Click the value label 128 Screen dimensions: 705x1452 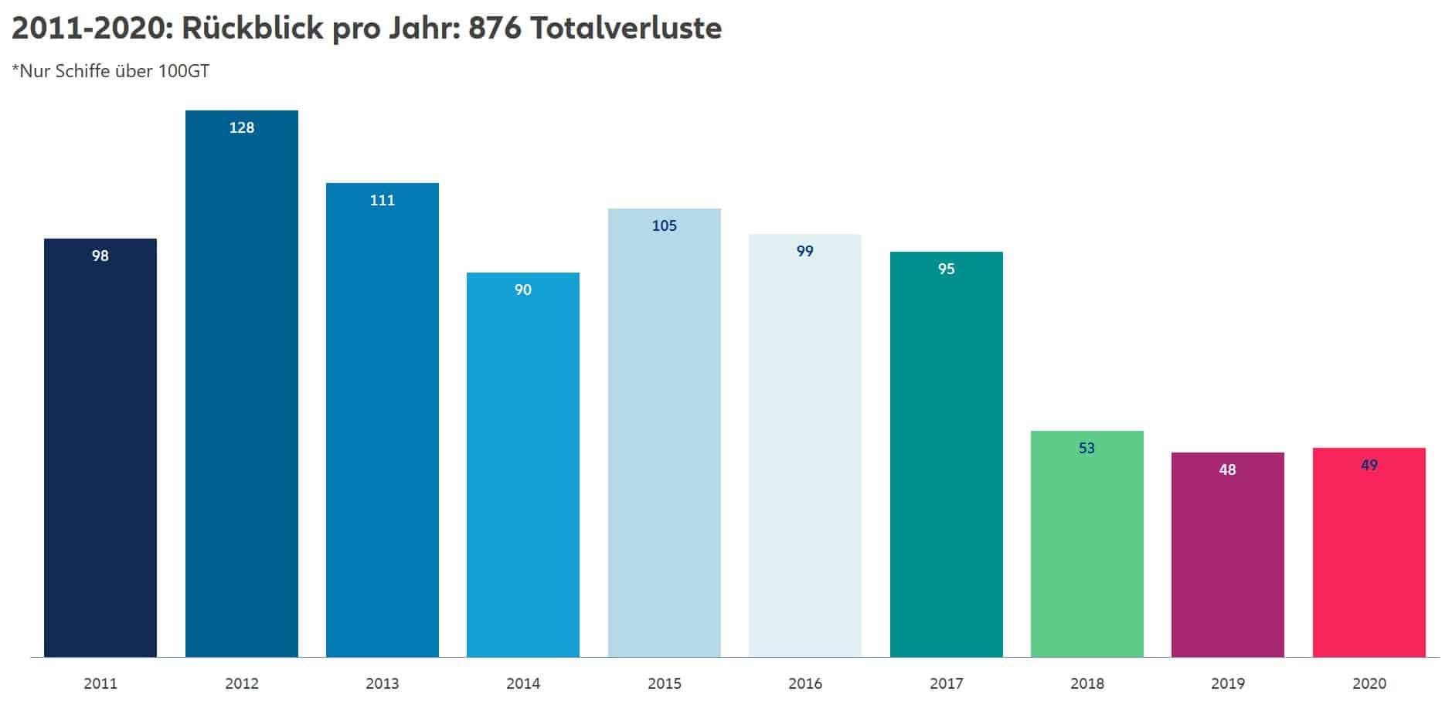[x=242, y=128]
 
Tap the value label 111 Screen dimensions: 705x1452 [x=383, y=201]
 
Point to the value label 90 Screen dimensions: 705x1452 [x=523, y=290]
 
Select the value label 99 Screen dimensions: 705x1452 [x=805, y=252]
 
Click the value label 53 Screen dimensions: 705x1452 [x=1087, y=449]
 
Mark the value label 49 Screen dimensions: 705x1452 [x=1369, y=466]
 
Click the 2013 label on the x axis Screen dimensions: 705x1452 [x=383, y=683]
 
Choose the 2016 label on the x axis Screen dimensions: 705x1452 [x=805, y=683]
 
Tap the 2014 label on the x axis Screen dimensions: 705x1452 [x=523, y=683]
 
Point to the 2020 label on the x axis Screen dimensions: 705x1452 [x=1369, y=683]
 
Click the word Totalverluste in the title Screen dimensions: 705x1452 [x=626, y=29]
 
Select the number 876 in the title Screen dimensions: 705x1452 [x=495, y=29]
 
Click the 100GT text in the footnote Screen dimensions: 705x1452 [x=184, y=72]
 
